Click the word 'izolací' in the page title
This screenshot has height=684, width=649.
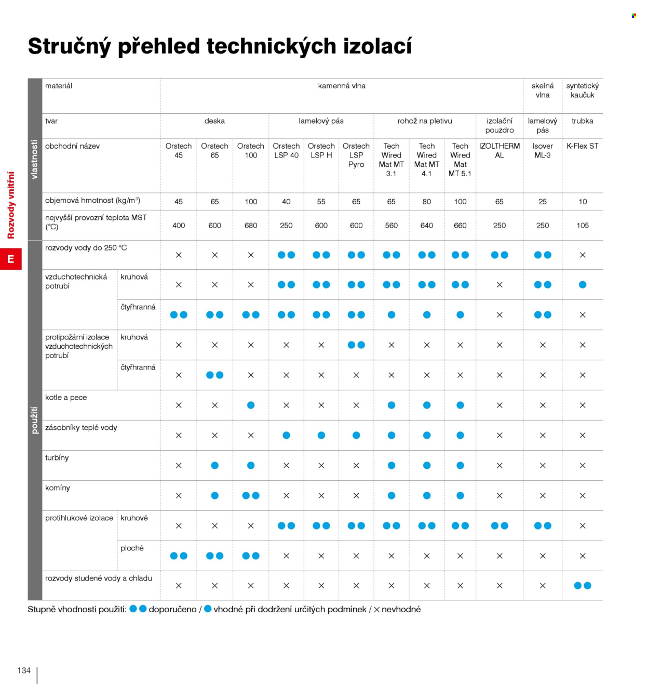(377, 46)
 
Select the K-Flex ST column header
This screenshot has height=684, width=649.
(582, 146)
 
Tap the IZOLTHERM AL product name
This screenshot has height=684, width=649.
(499, 151)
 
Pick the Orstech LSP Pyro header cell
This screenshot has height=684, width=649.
(356, 155)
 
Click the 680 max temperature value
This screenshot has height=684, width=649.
(251, 226)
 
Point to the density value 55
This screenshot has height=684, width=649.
(321, 202)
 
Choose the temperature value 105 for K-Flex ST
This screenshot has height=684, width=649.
(583, 226)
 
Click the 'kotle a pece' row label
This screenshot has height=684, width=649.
(66, 397)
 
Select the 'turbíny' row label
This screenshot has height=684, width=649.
(57, 457)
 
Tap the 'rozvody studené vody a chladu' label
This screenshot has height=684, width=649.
(99, 578)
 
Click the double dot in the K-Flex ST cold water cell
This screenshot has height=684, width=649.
(583, 586)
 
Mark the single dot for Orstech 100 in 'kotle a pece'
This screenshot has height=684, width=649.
(251, 405)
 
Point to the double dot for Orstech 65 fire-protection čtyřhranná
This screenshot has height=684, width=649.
(214, 375)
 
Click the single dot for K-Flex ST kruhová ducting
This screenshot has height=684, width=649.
(583, 285)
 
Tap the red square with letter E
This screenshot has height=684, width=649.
(11, 259)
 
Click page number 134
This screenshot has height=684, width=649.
(24, 670)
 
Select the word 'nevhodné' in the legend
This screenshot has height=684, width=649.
(401, 609)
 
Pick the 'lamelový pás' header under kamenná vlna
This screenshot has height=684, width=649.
(321, 121)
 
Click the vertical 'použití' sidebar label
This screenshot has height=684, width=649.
(34, 420)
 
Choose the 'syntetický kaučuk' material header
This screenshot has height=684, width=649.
(582, 90)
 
